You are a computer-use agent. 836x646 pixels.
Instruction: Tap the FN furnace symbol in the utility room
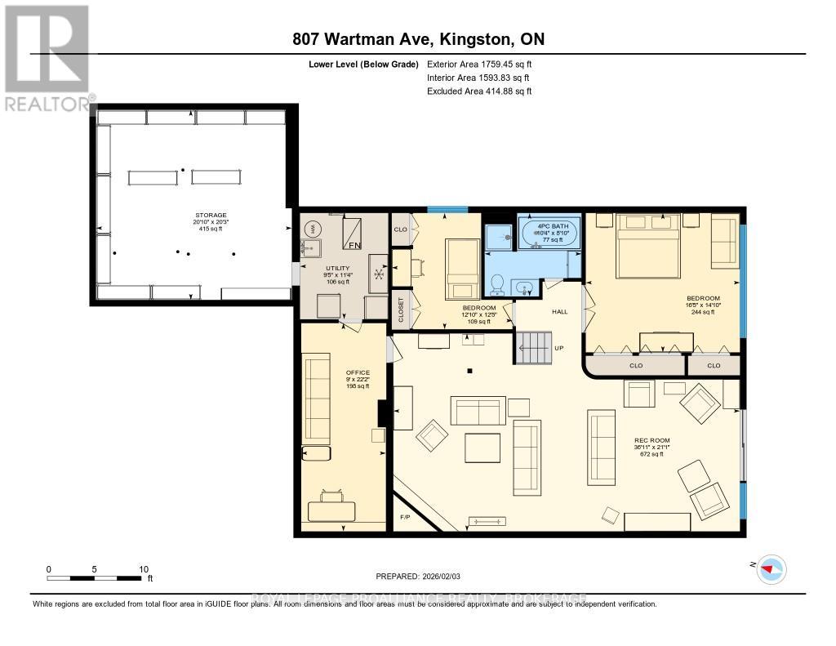tap(355, 243)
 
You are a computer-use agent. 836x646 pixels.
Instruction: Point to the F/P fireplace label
tap(405, 518)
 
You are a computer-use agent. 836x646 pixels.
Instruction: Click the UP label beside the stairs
tap(560, 347)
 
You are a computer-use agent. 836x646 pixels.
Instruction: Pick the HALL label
tap(559, 312)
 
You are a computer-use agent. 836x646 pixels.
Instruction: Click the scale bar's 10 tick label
tap(144, 569)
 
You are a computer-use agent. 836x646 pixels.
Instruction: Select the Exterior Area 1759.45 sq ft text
tap(479, 64)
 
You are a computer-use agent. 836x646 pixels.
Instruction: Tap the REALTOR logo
tap(47, 57)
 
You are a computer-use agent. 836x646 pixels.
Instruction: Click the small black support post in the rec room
tap(469, 372)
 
